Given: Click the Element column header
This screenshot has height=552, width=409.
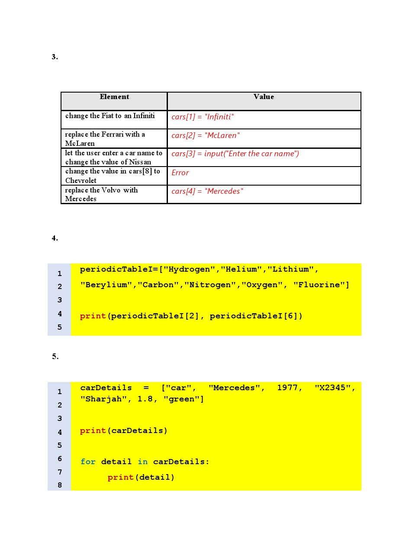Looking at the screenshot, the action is click(114, 97).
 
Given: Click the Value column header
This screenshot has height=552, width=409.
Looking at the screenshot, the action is click(264, 97).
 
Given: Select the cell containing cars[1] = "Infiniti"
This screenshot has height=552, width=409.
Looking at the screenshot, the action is click(203, 117).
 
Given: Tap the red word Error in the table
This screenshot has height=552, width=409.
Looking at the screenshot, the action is click(180, 173).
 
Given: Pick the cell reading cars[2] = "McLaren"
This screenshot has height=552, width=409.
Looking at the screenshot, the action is click(206, 135).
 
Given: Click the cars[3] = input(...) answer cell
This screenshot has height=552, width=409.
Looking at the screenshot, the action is click(235, 154).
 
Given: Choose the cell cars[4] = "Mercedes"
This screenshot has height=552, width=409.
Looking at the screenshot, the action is click(207, 191).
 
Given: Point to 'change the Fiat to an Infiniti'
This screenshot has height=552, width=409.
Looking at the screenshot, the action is click(110, 116).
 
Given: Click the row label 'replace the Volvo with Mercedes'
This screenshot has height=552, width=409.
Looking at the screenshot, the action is click(101, 194).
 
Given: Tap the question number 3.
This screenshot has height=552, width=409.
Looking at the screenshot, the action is click(55, 57).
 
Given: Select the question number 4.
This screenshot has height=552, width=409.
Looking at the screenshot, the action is click(55, 238).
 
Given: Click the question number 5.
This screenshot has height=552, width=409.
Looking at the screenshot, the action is click(55, 356).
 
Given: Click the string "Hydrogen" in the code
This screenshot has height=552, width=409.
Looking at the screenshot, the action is click(189, 270).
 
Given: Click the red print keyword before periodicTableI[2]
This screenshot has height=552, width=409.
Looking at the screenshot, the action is click(93, 316).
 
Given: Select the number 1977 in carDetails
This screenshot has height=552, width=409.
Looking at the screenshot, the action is click(287, 388).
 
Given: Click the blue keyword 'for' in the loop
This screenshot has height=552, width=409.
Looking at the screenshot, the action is click(88, 462).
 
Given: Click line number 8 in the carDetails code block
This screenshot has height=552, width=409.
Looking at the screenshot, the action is click(60, 485).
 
